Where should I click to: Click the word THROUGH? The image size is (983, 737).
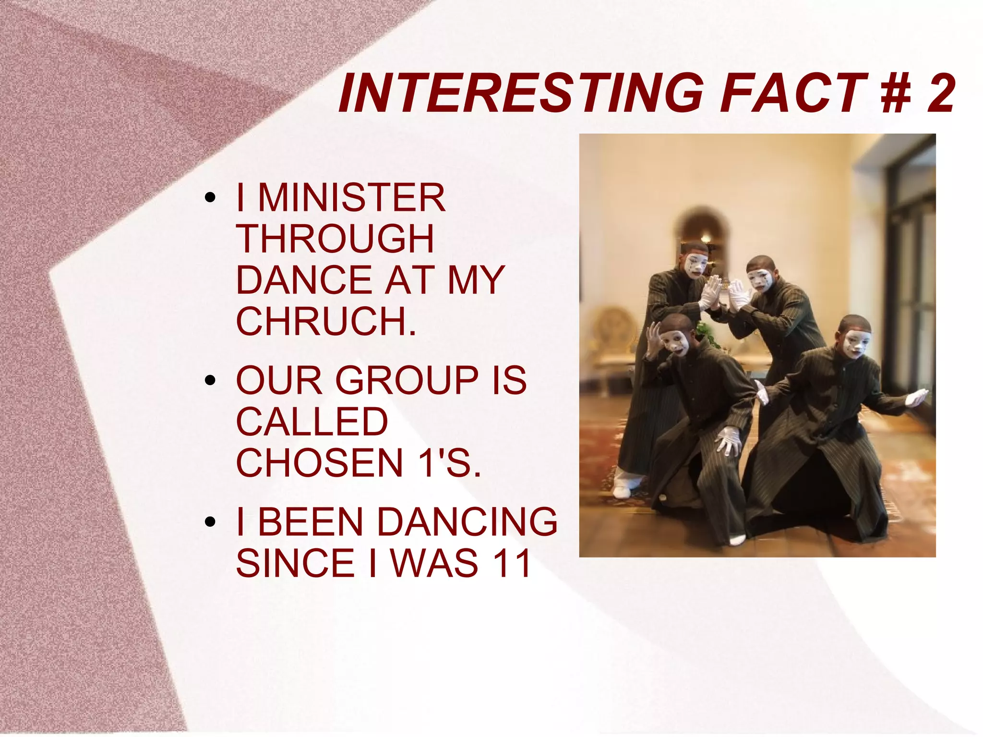335,239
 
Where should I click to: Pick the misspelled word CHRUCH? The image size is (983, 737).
326,321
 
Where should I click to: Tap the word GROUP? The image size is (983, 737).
407,380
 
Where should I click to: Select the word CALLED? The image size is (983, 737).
312,422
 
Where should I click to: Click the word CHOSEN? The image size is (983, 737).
319,463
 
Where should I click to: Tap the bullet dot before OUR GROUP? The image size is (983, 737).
209,381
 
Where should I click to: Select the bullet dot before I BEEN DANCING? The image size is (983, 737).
209,522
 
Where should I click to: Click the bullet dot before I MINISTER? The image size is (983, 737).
209,198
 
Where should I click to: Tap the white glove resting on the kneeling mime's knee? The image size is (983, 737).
729,439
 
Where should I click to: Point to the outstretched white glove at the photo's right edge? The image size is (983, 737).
916,397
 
